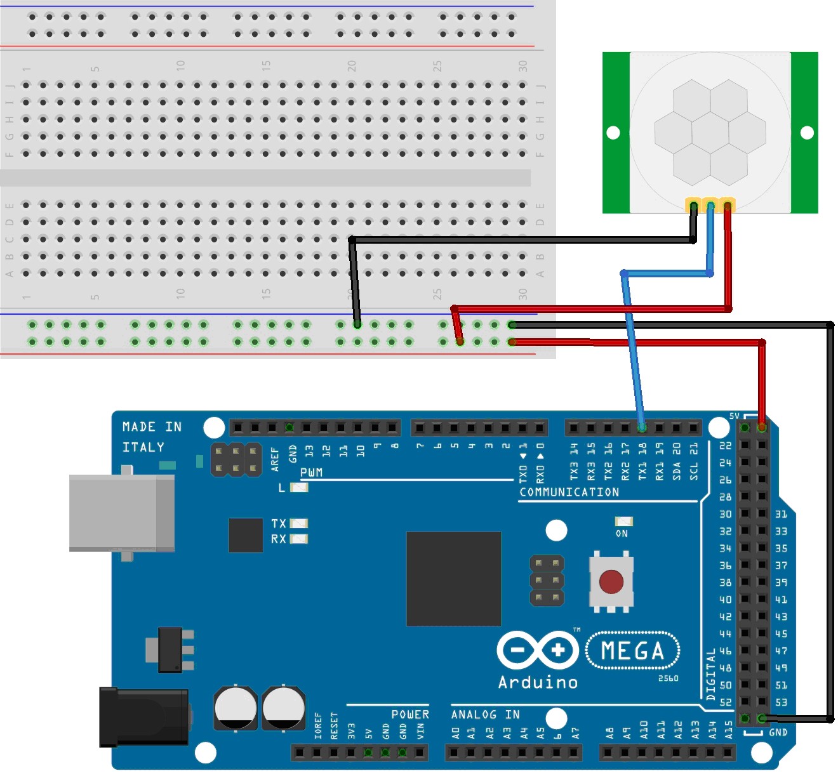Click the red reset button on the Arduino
(611, 581)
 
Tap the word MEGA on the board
(632, 651)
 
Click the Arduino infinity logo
(538, 650)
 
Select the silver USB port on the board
(121, 513)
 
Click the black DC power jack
(144, 717)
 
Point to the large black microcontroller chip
(453, 579)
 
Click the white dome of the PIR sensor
(710, 132)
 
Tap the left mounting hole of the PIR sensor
(613, 133)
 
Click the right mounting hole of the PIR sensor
(807, 133)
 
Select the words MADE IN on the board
(152, 427)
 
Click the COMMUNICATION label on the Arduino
(569, 492)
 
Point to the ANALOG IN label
(485, 715)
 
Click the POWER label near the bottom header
(410, 715)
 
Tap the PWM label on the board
(311, 473)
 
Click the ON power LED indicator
(623, 522)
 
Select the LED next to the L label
(298, 487)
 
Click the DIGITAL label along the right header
(710, 674)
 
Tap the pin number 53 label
(781, 702)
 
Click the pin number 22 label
(725, 445)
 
